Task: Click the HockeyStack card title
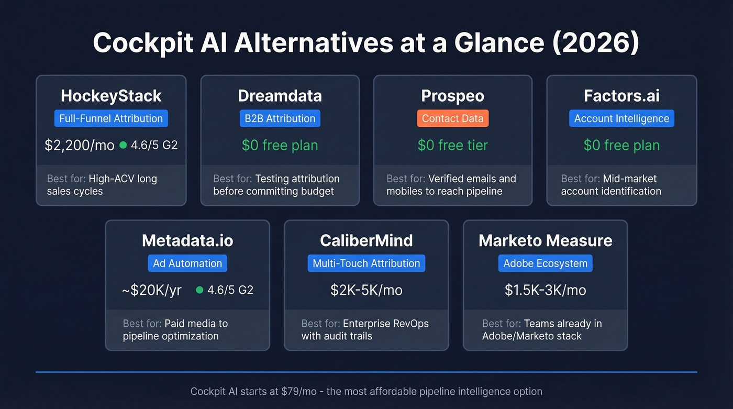tap(111, 96)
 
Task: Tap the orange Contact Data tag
tap(452, 118)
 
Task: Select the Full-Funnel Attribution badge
tap(111, 118)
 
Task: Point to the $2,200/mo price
tap(80, 145)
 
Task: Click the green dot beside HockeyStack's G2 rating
tap(123, 145)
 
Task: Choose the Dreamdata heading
tap(280, 96)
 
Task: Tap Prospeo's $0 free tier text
tap(452, 145)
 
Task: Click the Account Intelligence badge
tap(621, 118)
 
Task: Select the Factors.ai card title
tap(621, 96)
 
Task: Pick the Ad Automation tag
tap(187, 263)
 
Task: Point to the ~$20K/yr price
tap(152, 290)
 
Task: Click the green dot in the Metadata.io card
tap(199, 290)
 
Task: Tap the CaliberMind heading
tap(366, 240)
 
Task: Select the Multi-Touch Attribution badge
tap(366, 263)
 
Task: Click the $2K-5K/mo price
tap(366, 290)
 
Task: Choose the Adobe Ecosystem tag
tap(545, 263)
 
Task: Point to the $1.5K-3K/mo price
tap(545, 290)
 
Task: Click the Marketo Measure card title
tap(545, 240)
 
